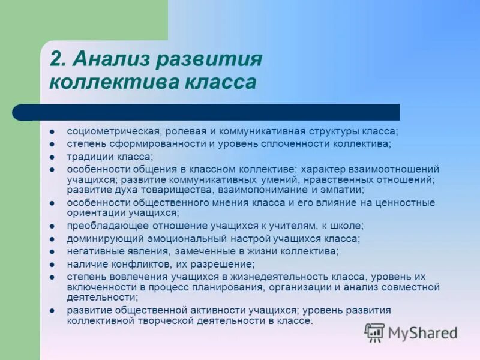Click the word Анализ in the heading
[107, 60]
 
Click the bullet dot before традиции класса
[52, 157]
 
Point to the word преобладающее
[101, 226]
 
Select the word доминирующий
[98, 238]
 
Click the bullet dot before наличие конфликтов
[52, 264]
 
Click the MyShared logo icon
[374, 331]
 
